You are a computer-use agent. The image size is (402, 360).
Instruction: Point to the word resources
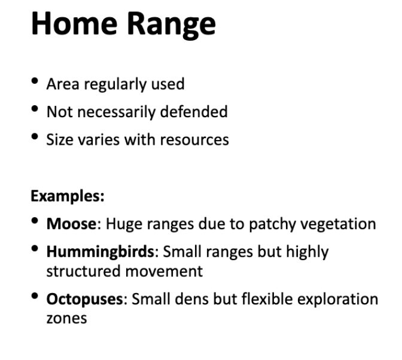click(197, 141)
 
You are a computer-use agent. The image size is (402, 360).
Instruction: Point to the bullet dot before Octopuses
click(36, 295)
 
